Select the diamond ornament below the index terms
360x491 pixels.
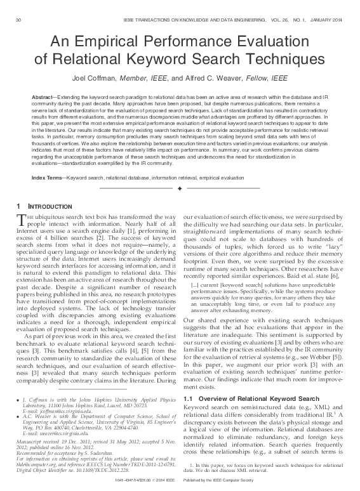[x=180, y=189]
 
